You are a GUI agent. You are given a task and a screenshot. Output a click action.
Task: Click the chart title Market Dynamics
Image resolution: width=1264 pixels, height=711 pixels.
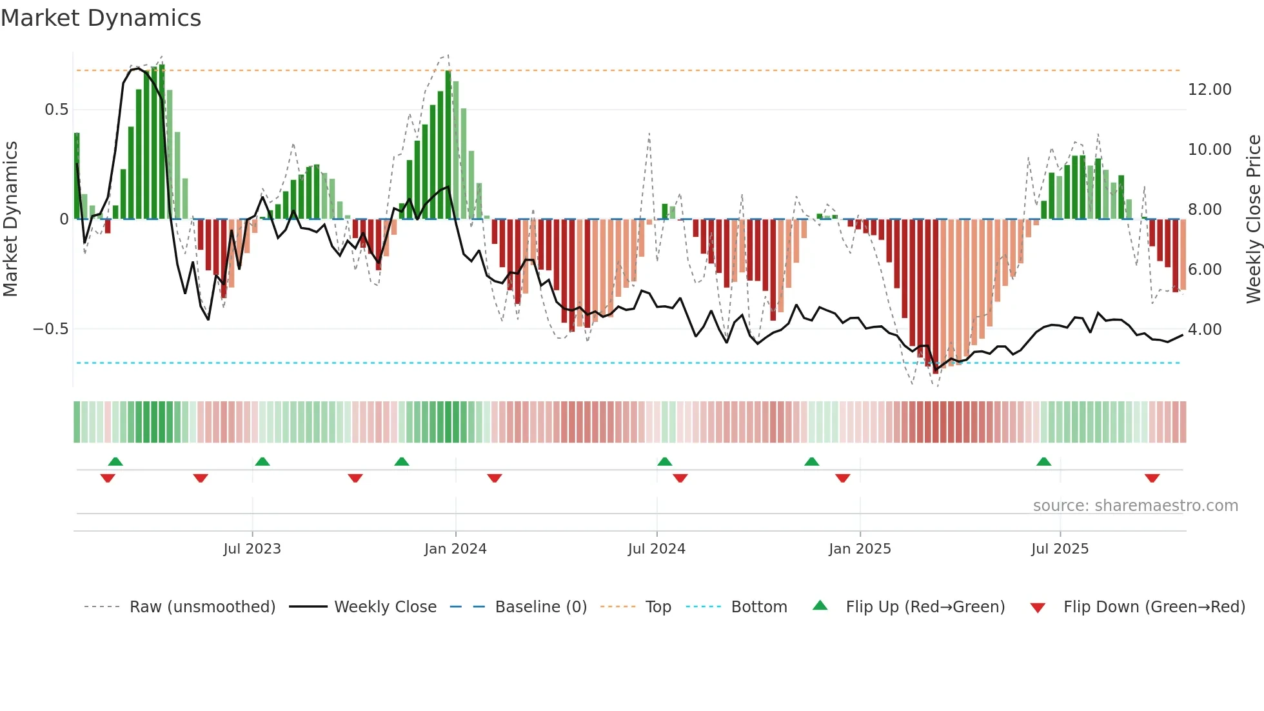coord(101,18)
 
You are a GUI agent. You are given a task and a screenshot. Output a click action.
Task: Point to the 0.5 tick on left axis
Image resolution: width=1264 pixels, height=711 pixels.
coord(56,110)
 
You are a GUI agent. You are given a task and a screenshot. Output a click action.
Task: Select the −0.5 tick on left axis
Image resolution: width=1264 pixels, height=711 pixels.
coord(50,329)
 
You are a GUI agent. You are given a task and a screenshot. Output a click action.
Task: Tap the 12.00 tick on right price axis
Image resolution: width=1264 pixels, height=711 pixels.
coord(1209,90)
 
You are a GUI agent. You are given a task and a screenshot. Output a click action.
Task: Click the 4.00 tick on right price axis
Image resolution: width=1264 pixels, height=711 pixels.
coord(1205,330)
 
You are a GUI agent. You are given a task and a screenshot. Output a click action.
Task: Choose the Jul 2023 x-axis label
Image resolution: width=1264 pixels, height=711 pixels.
coord(252,549)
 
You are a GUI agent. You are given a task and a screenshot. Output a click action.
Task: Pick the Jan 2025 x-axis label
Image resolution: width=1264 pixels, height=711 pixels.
coord(860,549)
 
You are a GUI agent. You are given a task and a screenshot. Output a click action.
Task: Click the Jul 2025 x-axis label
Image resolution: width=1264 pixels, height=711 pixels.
coord(1060,549)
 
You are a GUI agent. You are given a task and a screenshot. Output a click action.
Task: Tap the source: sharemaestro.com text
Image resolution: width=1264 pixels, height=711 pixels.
coord(1135,506)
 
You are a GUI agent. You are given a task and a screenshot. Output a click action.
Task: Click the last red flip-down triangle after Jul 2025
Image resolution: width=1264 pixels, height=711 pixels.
coord(1152,478)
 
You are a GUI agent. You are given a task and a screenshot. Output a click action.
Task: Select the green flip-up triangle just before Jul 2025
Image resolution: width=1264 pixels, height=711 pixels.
coord(1043,461)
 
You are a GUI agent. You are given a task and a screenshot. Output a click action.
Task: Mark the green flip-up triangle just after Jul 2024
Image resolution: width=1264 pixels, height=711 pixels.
coord(664,461)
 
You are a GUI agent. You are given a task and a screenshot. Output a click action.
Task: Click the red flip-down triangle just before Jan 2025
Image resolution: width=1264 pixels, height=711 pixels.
coord(842,478)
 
